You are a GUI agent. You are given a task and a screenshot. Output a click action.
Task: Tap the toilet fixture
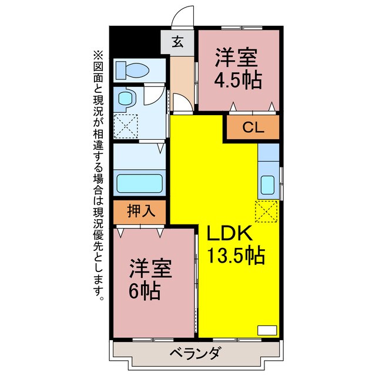[132, 70]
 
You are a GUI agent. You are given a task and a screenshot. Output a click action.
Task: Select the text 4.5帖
[237, 80]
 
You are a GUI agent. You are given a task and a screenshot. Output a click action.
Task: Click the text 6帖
[145, 291]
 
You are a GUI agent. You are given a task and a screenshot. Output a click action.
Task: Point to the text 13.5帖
[236, 256]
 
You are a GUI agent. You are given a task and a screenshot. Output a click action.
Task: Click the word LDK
[229, 233]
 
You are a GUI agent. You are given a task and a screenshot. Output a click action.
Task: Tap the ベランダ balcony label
[196, 354]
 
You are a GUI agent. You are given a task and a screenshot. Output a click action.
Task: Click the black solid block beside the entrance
[136, 41]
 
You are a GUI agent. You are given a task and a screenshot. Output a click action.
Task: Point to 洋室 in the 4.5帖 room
[236, 59]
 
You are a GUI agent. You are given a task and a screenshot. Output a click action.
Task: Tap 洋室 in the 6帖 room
[150, 270]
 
